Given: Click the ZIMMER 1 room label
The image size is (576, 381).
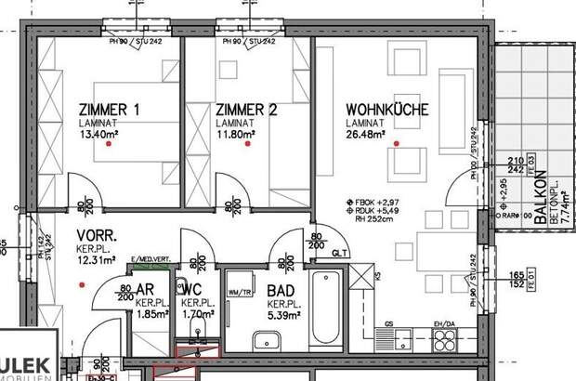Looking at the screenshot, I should [x=110, y=110].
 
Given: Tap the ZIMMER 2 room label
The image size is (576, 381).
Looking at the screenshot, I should [x=246, y=110].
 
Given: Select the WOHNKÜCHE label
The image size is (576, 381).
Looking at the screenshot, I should [x=386, y=110].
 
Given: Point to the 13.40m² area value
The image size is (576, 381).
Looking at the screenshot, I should [x=98, y=133].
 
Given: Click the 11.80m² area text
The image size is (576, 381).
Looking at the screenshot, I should [x=235, y=133].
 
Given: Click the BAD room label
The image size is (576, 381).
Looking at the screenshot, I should [x=281, y=291].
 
